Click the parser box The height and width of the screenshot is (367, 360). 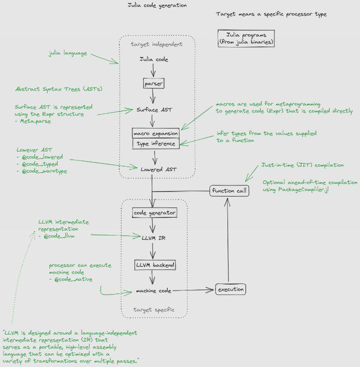[x=153, y=83]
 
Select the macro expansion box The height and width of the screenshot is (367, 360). [x=155, y=133]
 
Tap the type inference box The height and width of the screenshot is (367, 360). [x=156, y=143]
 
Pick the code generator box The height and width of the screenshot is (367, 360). [x=154, y=213]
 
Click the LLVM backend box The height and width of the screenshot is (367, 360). [x=155, y=265]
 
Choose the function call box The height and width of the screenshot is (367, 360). [x=229, y=191]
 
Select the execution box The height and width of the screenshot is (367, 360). [x=230, y=289]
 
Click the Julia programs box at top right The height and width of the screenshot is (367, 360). [x=246, y=38]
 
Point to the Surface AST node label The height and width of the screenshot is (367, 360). [x=154, y=110]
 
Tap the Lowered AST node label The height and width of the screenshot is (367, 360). [x=158, y=169]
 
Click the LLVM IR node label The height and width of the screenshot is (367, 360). [x=153, y=238]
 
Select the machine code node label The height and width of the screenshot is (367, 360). [x=153, y=290]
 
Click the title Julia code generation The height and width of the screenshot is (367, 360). [x=157, y=5]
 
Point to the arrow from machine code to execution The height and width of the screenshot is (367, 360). [x=193, y=290]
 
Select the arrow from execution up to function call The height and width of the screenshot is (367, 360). [x=227, y=240]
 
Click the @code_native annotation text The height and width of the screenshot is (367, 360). [x=73, y=279]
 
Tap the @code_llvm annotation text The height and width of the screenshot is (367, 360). [x=59, y=236]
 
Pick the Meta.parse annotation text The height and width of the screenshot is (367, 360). [x=35, y=121]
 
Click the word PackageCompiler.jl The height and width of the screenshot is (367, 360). [x=303, y=189]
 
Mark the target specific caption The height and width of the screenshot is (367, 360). [x=154, y=309]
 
